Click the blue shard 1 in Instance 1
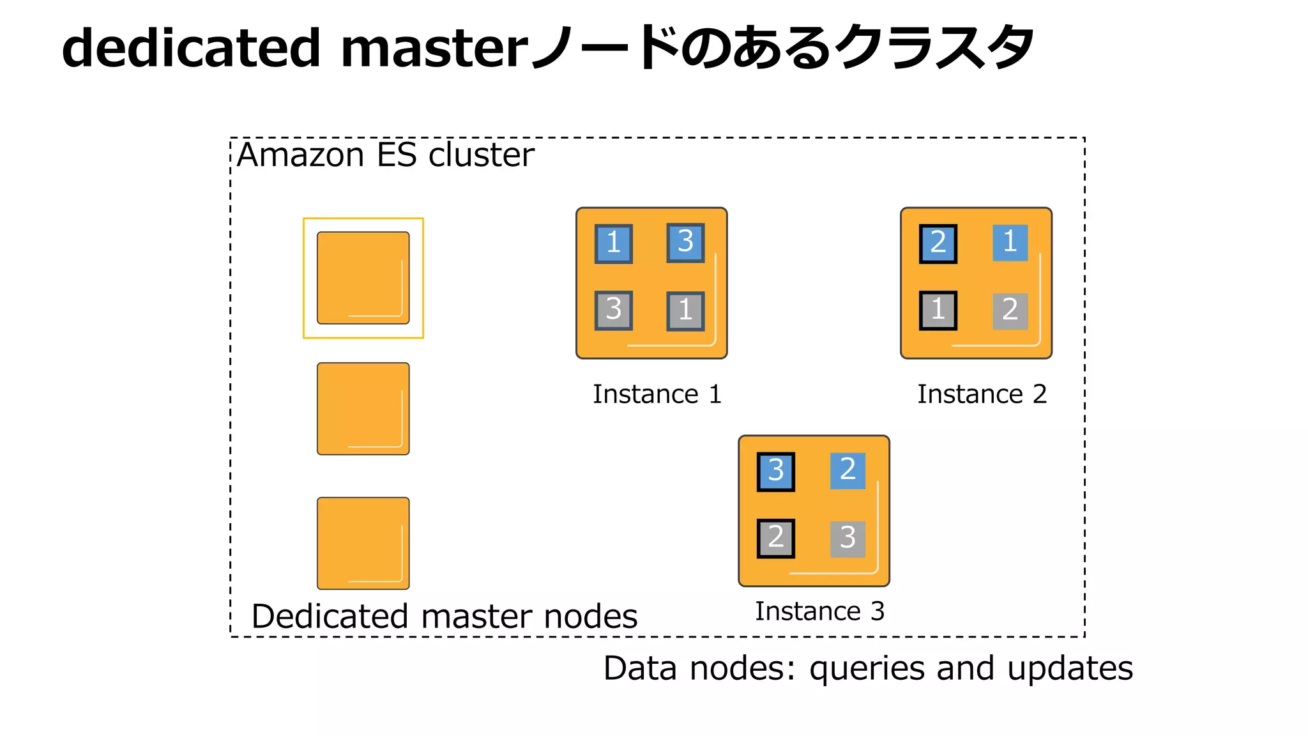[613, 243]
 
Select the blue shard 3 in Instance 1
[685, 242]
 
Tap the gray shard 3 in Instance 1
[613, 310]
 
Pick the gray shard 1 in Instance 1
[685, 311]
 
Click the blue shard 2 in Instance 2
[938, 243]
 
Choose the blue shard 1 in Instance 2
[1010, 242]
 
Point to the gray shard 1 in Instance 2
[938, 310]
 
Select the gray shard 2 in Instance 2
[1010, 311]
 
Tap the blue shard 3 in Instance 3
[775, 471]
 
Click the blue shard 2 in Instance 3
[848, 470]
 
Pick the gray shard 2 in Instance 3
[775, 538]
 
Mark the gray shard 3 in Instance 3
[848, 539]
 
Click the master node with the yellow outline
[363, 278]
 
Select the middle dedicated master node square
[363, 409]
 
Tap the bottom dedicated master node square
[363, 543]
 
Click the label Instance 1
[657, 394]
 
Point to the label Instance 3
[819, 611]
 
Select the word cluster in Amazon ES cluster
[481, 155]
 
